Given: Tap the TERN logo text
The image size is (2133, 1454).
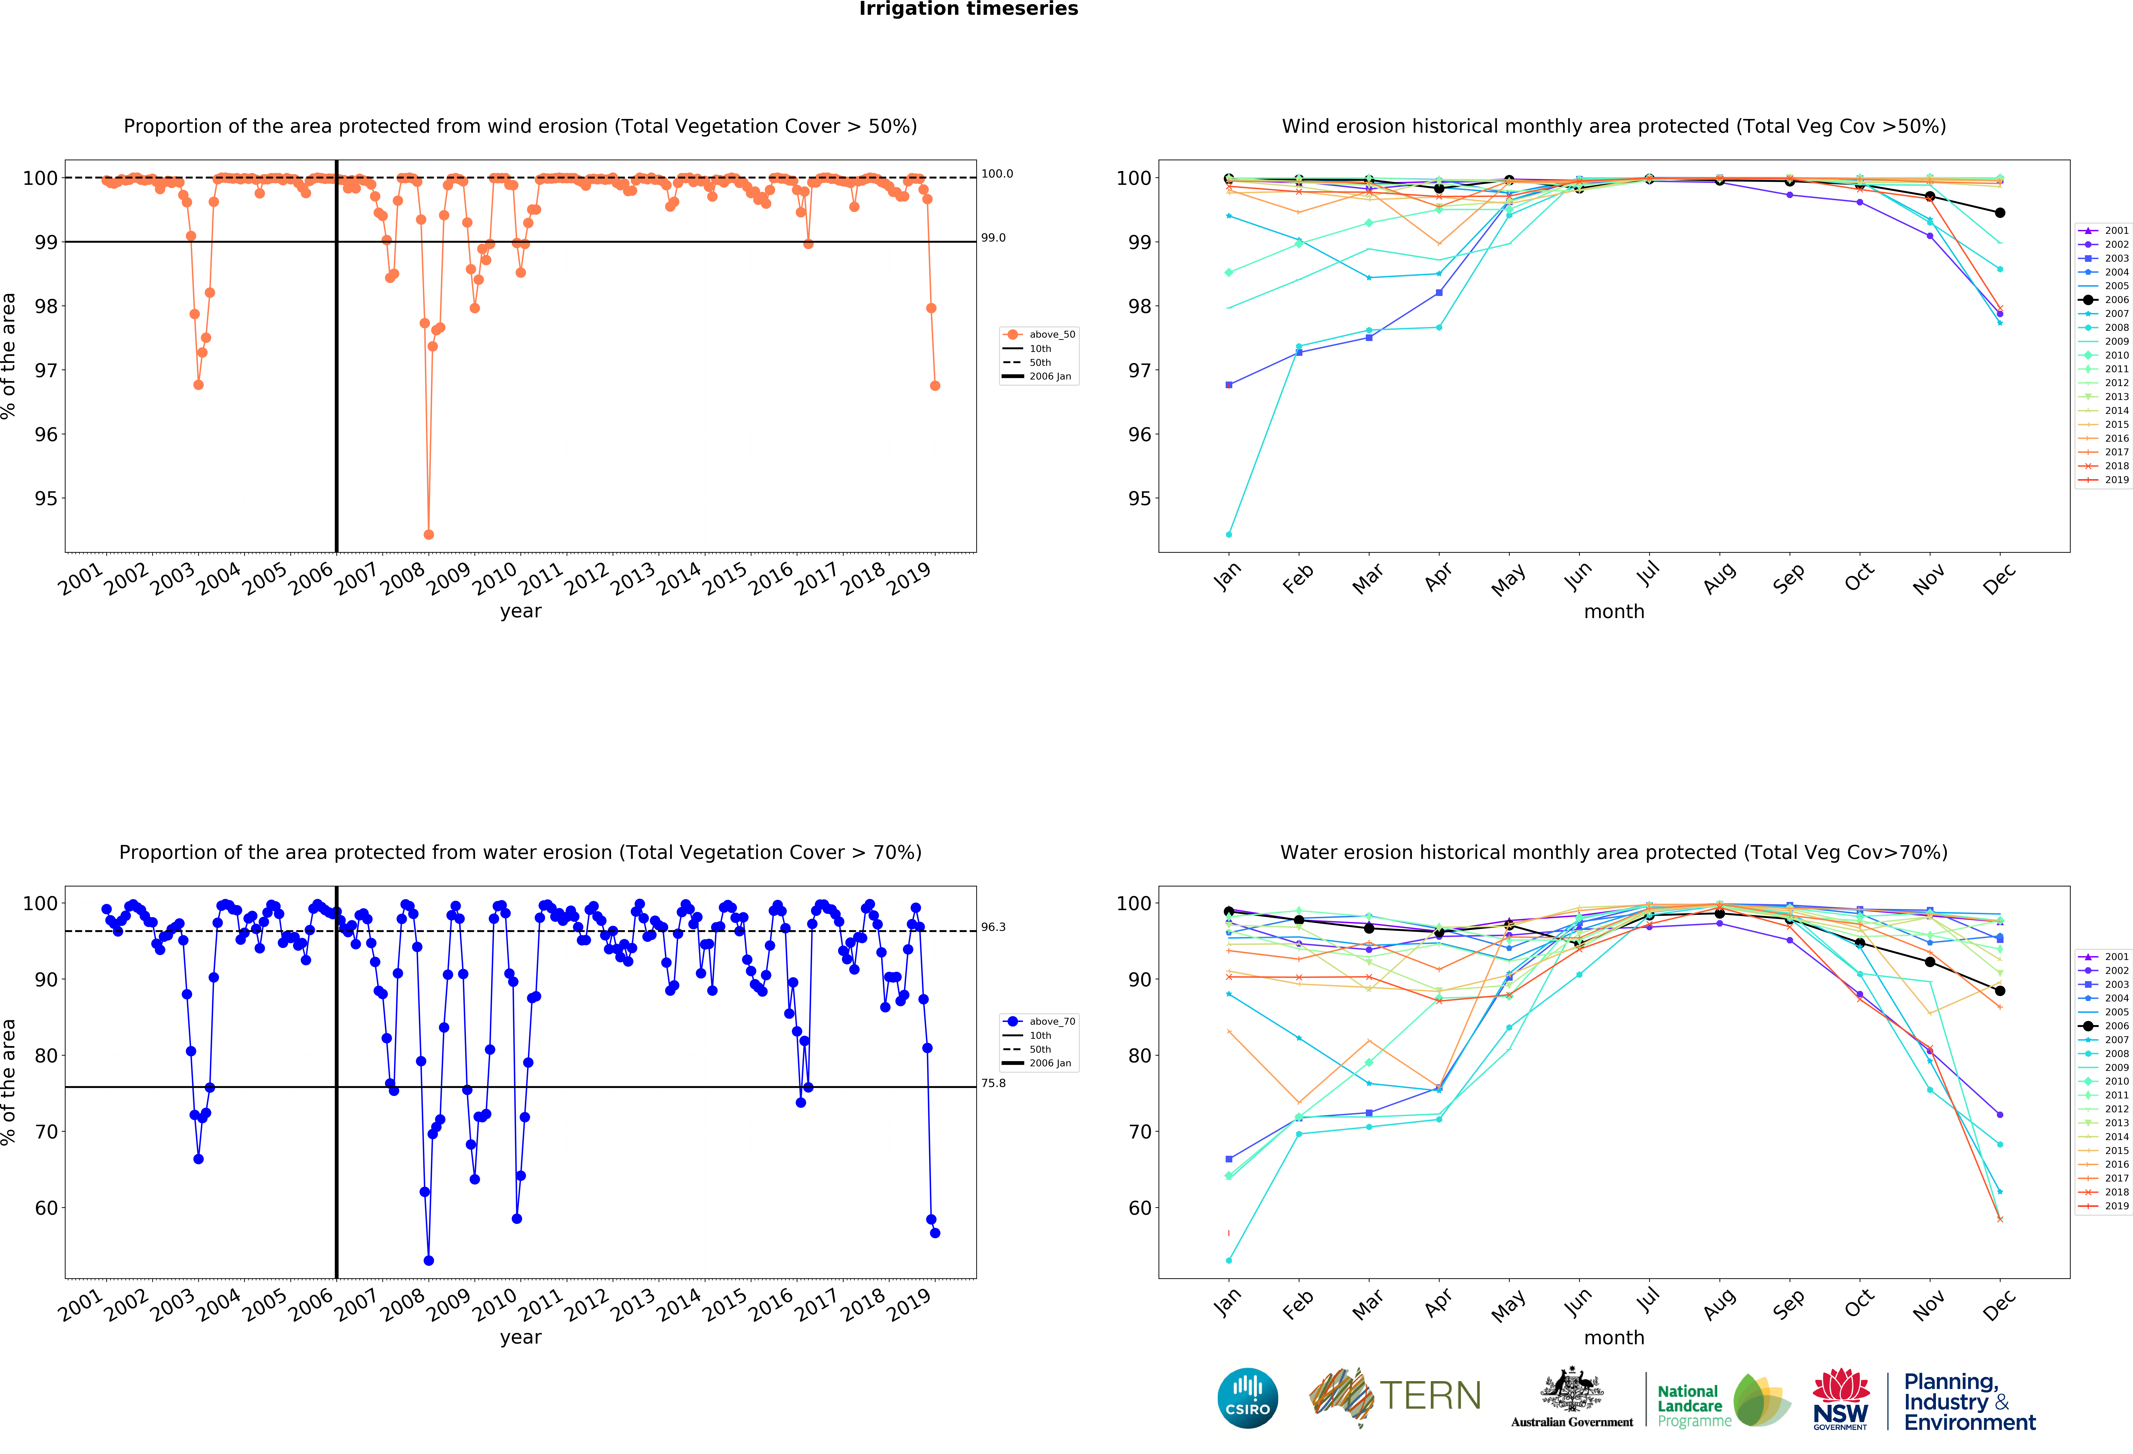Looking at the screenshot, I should [1430, 1396].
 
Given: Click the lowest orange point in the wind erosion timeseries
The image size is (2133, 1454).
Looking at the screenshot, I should [429, 534].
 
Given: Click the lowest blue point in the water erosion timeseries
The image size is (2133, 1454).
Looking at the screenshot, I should [429, 1260].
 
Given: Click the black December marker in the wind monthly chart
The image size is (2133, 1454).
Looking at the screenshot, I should [2000, 213].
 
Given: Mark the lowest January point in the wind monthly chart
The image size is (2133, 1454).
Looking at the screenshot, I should [1229, 534].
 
